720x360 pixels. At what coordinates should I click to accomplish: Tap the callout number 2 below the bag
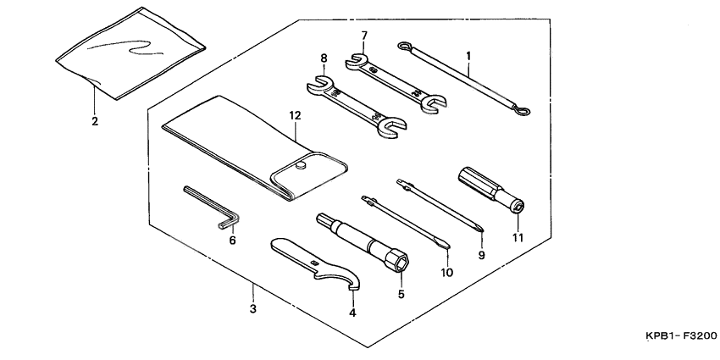pos(94,121)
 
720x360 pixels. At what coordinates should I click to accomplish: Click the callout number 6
pos(231,240)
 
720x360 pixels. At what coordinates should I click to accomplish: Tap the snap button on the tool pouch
pos(302,167)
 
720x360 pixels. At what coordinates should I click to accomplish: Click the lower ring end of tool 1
pos(524,111)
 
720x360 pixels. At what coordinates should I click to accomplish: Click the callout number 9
pos(480,253)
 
